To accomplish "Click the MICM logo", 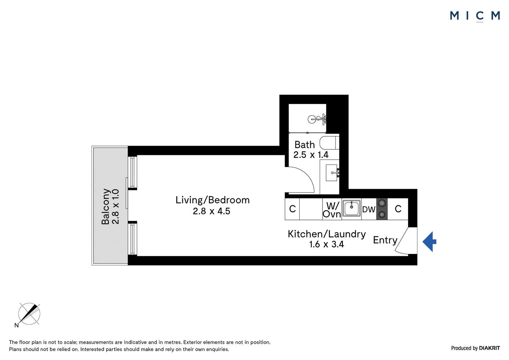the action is click(x=475, y=16).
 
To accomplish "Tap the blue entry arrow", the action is click(x=429, y=242).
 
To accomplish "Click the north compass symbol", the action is click(x=29, y=314).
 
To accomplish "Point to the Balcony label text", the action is click(x=106, y=207).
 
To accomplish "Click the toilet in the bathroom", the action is click(x=329, y=143).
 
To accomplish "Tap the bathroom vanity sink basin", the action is click(x=331, y=173).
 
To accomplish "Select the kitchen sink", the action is click(x=351, y=208).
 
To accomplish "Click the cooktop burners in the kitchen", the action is click(x=382, y=209).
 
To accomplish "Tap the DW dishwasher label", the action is click(x=369, y=209).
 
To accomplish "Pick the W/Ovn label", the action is click(x=332, y=210).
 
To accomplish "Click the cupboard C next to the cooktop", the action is click(x=398, y=209).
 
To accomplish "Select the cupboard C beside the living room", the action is click(x=292, y=209).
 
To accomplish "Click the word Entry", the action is click(x=385, y=240).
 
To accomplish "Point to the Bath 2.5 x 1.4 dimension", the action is click(x=311, y=155).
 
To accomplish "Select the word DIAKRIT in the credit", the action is click(x=490, y=348).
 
